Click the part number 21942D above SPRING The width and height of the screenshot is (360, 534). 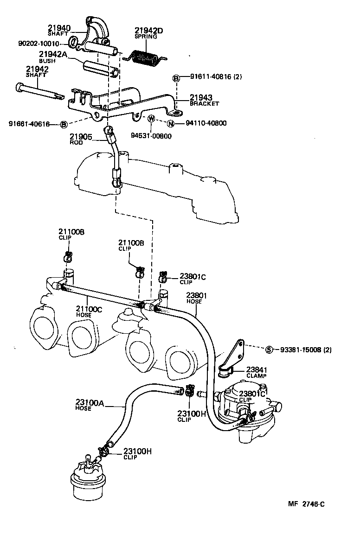point(149,31)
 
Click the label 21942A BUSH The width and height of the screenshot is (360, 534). point(52,57)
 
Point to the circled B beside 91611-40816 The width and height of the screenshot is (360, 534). point(176,78)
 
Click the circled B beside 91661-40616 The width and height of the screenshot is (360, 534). point(64,124)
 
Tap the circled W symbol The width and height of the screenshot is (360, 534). point(151,119)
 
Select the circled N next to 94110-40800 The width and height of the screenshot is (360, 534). point(171,123)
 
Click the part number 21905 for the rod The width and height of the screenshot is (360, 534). point(81,137)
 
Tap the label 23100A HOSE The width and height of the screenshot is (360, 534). point(90,406)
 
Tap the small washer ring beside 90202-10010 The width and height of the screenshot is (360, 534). point(74,44)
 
